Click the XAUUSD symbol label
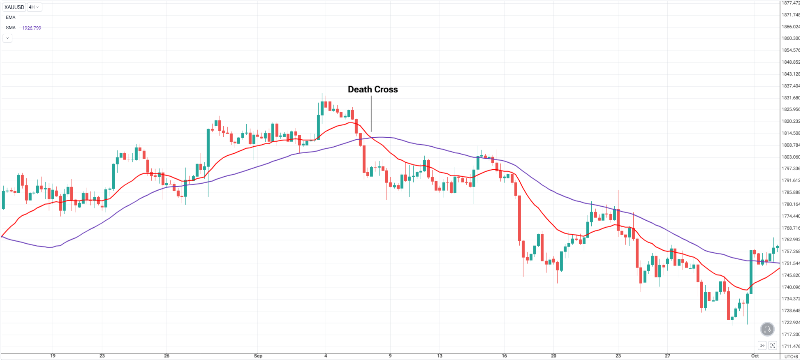coord(14,7)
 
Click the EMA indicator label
coord(11,17)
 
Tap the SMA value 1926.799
coord(32,28)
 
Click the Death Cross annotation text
coord(373,90)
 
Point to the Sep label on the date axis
coord(258,356)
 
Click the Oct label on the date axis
coord(755,356)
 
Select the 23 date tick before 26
coord(102,356)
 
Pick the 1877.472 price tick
coord(790,3)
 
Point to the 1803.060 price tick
coord(790,157)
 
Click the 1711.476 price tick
coord(790,346)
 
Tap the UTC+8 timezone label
coord(791,356)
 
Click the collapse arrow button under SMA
coord(7,38)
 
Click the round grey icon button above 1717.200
coord(767,329)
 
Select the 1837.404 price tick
coord(790,86)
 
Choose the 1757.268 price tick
coord(790,252)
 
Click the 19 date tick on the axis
coord(53,356)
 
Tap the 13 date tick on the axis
coord(440,356)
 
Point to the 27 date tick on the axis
coord(667,356)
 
